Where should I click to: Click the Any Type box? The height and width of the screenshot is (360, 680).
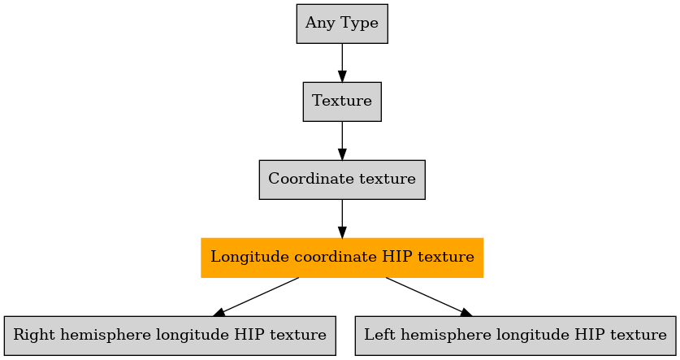[x=342, y=24]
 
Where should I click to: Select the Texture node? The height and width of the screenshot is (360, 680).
[x=342, y=102]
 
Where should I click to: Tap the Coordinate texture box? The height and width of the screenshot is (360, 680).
[x=342, y=180]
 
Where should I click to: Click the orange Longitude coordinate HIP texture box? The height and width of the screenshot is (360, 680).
[x=342, y=258]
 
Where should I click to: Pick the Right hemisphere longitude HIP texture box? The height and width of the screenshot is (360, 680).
[x=170, y=336]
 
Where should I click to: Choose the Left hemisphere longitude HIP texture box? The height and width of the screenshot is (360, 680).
[x=515, y=336]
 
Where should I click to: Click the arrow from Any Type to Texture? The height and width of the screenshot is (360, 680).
[x=342, y=63]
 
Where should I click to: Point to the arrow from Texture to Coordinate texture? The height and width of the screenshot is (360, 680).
[x=342, y=141]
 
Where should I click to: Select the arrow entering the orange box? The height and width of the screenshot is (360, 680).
[x=342, y=219]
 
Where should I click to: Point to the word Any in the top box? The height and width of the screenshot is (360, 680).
[x=320, y=24]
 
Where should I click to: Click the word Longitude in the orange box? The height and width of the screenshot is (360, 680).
[x=250, y=257]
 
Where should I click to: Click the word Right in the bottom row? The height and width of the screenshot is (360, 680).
[x=34, y=336]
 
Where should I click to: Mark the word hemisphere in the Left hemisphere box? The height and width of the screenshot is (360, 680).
[x=437, y=336]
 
